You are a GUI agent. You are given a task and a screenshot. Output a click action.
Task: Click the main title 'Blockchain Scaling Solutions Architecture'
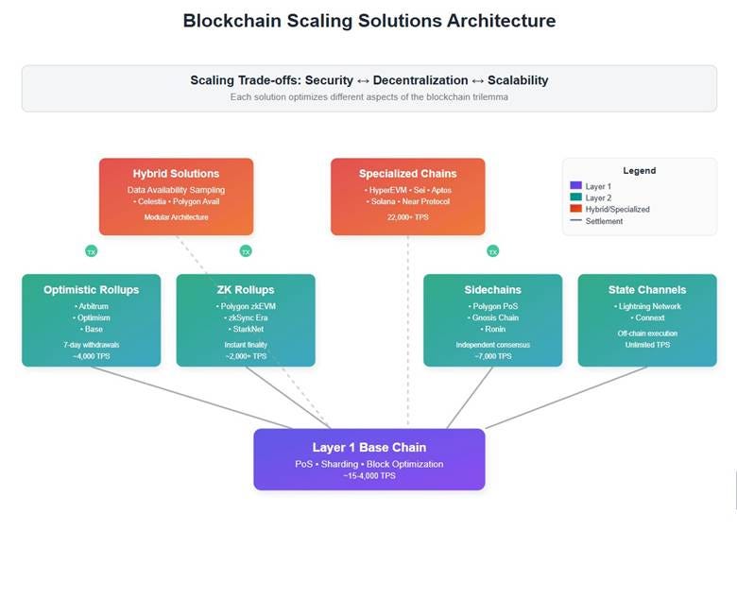[x=368, y=21]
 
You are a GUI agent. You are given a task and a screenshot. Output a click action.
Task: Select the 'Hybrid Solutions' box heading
[x=176, y=173]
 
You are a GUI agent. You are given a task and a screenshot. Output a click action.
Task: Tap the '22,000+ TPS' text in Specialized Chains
[x=407, y=217]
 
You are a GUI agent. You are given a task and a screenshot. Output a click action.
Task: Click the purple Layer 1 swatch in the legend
[x=575, y=186]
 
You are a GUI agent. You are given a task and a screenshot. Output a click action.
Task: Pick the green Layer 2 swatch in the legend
[x=575, y=197]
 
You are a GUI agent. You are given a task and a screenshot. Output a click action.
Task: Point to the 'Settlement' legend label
[x=604, y=220]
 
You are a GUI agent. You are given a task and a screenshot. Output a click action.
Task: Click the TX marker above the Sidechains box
[x=492, y=251]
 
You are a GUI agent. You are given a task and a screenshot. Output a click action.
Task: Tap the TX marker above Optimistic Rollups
[x=91, y=251]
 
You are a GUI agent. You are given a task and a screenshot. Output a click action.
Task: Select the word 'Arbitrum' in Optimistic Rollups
[x=92, y=306]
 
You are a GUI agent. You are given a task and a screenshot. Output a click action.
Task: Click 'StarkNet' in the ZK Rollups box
[x=246, y=329]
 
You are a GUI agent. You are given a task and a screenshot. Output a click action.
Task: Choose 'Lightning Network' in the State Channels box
[x=648, y=306]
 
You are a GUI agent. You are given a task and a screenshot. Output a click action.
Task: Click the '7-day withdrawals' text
[x=91, y=345]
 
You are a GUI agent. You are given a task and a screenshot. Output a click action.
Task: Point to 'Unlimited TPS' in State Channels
[x=647, y=345]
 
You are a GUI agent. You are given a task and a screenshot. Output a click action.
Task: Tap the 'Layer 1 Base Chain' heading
[x=368, y=447]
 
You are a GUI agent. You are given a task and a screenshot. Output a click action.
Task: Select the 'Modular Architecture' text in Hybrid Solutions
[x=176, y=217]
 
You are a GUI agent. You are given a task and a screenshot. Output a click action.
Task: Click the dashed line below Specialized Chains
[x=407, y=331]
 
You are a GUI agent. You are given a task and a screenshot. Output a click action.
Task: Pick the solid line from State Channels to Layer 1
[x=567, y=397]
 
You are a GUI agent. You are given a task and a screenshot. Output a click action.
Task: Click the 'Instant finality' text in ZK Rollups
[x=246, y=345]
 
